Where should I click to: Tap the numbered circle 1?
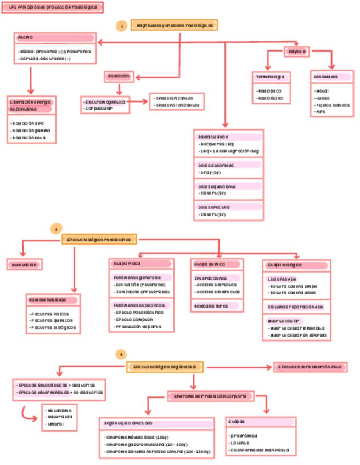click(x=122, y=25)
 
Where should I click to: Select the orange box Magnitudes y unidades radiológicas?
click(x=174, y=25)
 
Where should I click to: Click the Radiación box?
click(x=119, y=76)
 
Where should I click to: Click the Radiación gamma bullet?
click(x=32, y=131)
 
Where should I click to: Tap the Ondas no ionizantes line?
click(x=177, y=105)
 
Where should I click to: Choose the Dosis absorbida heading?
click(x=216, y=165)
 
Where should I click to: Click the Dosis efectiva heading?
click(x=215, y=207)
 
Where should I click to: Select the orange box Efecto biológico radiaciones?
click(x=99, y=240)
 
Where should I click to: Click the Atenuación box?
click(x=24, y=264)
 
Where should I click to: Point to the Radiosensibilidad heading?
click(x=48, y=300)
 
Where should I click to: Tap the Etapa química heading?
click(x=209, y=264)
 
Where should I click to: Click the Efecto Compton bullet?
click(x=134, y=319)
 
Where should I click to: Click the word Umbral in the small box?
click(x=55, y=424)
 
